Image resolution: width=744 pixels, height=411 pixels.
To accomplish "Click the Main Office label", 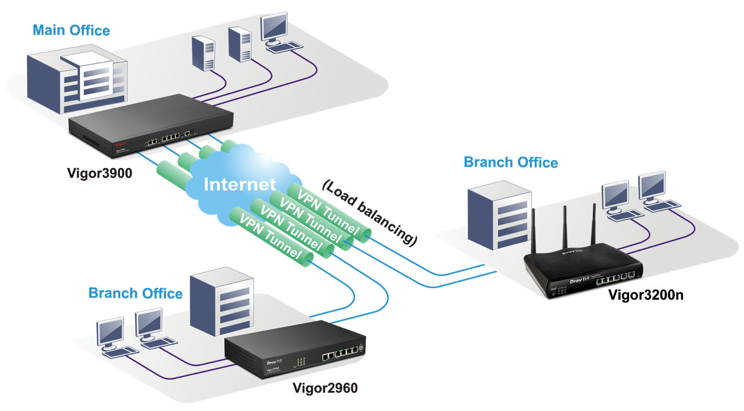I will [71, 31].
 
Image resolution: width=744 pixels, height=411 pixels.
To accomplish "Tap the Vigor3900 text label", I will [100, 173].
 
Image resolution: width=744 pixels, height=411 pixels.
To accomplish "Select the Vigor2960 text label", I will [325, 388].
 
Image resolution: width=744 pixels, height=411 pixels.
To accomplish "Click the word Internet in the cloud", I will [239, 185].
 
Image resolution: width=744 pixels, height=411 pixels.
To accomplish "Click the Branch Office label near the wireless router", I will [511, 162].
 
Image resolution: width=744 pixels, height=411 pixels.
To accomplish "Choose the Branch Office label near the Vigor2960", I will [135, 293].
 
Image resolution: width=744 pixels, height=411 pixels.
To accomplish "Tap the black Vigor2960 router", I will [293, 353].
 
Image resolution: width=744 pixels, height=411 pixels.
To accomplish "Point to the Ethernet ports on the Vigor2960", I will [341, 355].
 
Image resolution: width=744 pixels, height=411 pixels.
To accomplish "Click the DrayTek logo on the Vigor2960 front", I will [274, 362].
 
